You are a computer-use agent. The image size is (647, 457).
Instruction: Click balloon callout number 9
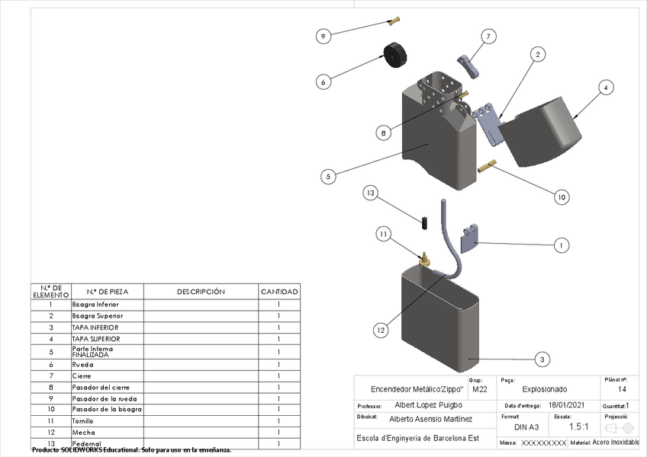323,36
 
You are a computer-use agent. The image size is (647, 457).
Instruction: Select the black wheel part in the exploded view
394,55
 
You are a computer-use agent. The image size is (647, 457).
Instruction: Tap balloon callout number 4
605,88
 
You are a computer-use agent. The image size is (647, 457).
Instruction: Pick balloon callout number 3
541,359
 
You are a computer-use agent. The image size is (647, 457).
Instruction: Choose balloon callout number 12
381,330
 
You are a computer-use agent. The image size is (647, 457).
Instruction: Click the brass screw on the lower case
423,258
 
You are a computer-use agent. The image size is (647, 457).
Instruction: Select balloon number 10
561,197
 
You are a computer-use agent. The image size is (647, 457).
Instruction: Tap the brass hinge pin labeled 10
487,165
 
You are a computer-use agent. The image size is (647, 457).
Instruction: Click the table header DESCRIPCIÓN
201,292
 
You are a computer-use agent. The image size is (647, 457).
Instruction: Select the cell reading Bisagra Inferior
95,304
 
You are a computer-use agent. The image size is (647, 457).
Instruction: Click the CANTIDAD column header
279,292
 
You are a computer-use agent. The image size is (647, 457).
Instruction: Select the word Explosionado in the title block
545,389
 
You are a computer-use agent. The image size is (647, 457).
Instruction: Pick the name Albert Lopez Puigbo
428,405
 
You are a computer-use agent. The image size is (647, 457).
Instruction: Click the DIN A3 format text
526,427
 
